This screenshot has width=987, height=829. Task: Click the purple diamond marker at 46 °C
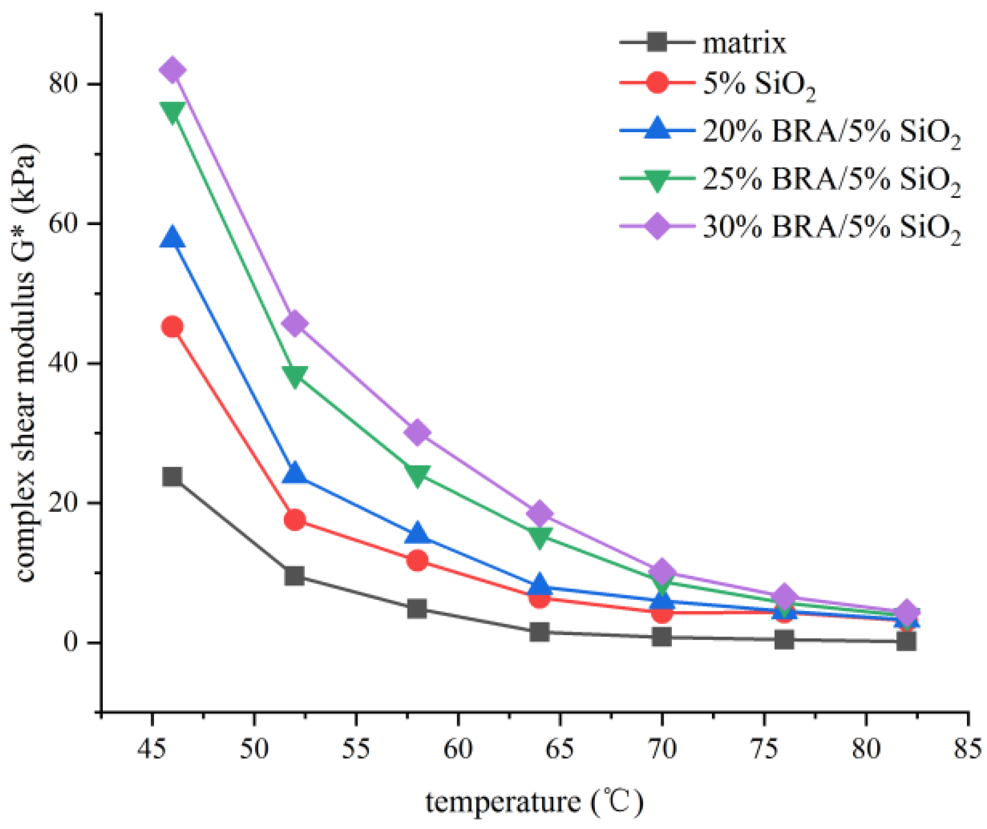coord(172,71)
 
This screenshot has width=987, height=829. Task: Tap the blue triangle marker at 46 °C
coord(172,239)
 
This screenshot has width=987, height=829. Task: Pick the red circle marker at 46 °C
coord(172,326)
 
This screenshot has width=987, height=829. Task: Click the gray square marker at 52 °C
coord(295,575)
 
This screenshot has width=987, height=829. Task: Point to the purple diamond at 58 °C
coord(417,432)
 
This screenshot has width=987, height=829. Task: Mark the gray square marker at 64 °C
coord(540,632)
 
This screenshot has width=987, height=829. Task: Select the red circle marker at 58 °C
coord(417,560)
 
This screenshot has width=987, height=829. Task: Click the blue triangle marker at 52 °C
coord(295,474)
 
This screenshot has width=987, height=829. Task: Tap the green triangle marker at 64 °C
coord(540,536)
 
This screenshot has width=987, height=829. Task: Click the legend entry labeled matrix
coord(744,43)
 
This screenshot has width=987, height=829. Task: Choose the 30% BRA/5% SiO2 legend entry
coord(831,226)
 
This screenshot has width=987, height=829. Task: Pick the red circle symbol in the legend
coord(657,83)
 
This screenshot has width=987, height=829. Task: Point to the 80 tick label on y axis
coord(63,83)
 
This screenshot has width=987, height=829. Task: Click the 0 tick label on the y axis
coord(71,642)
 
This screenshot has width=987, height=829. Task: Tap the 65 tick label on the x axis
coord(560,749)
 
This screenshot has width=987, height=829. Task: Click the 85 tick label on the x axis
coord(966,749)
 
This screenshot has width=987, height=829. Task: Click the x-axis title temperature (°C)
coord(534,802)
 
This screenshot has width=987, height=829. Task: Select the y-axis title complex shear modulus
coord(25,364)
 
